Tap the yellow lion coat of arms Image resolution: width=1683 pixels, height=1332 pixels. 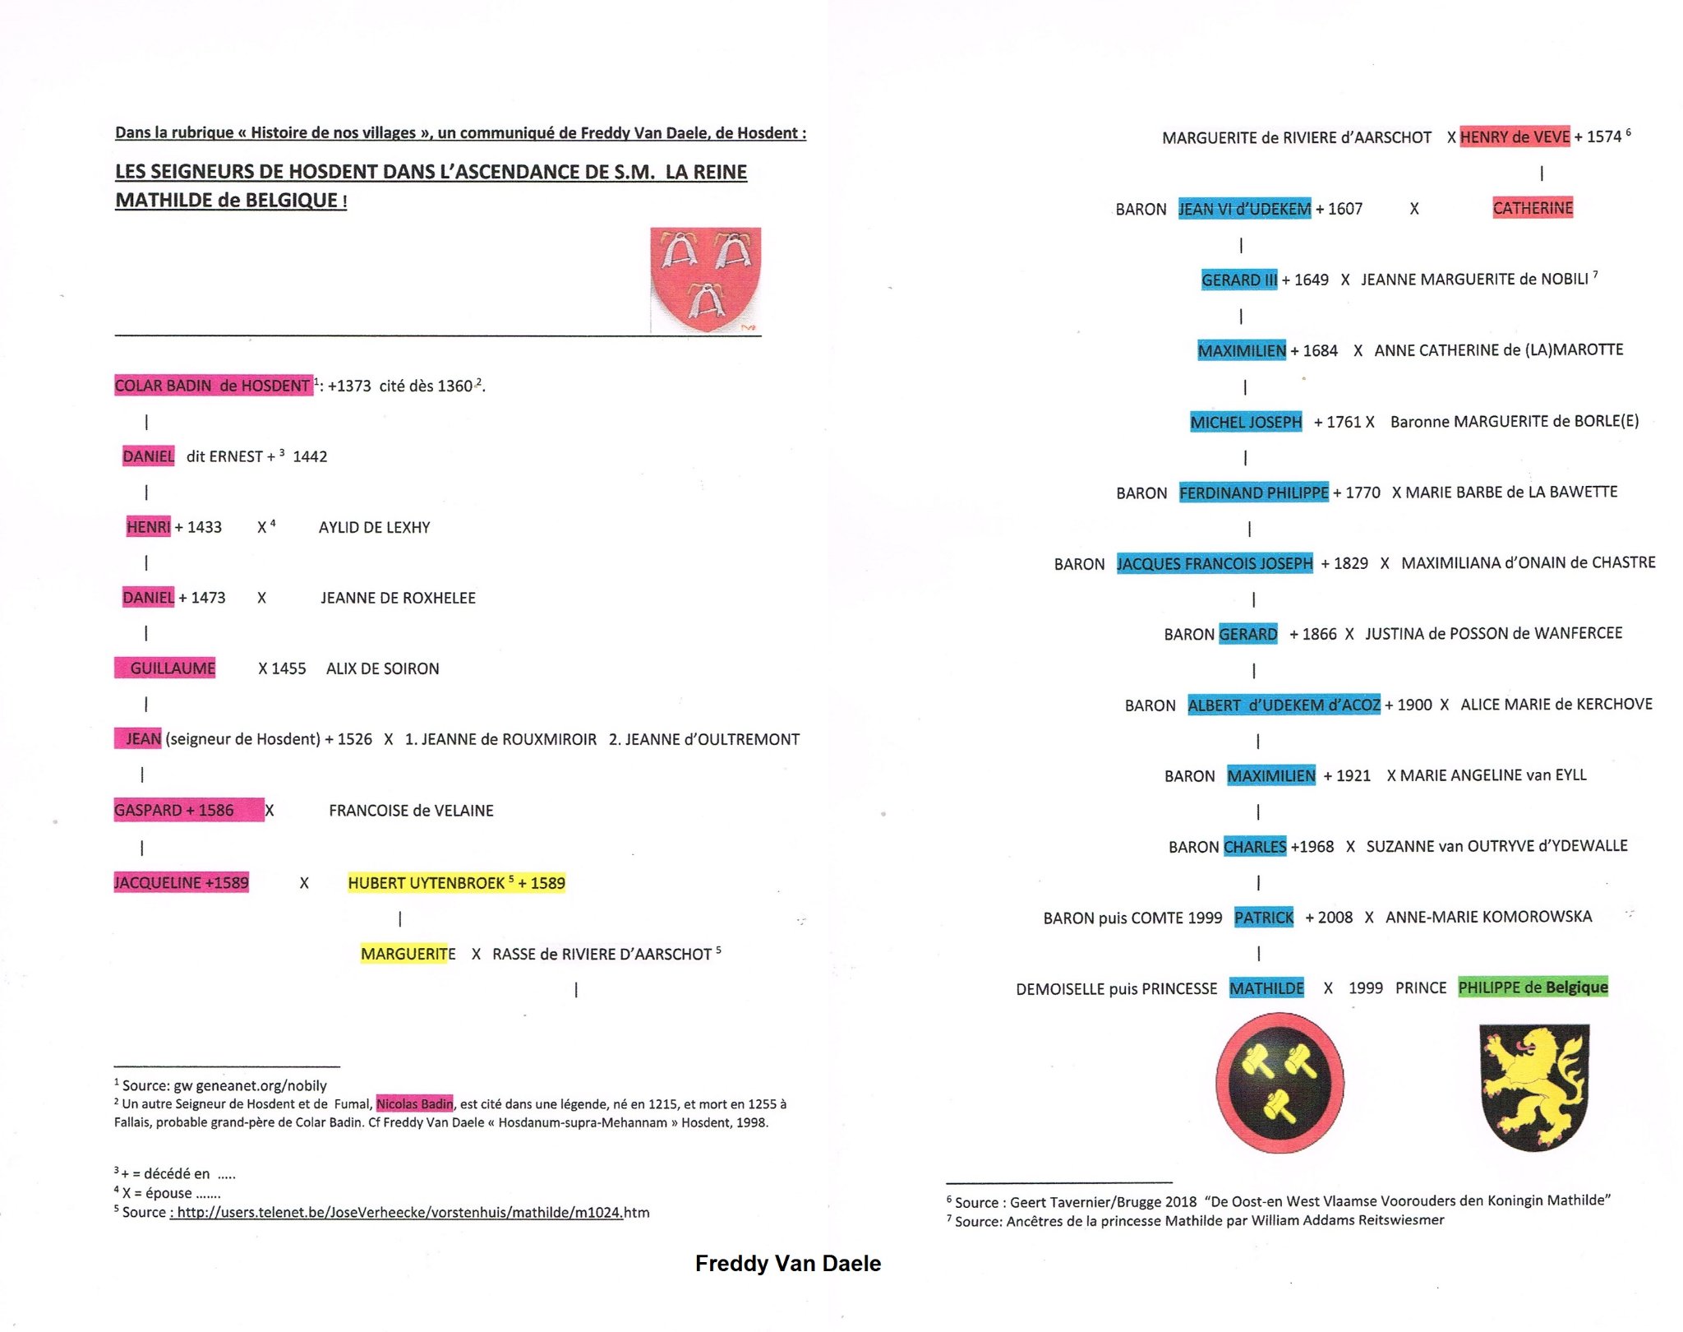coord(1533,1085)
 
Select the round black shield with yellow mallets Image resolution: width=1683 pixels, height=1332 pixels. coord(1280,1082)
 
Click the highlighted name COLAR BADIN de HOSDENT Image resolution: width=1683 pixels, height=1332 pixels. coord(213,386)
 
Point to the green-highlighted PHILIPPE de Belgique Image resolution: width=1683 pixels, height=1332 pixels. coord(1533,987)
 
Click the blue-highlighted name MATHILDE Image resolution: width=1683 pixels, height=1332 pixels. coord(1266,988)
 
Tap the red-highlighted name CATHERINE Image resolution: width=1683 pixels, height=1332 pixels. coord(1533,208)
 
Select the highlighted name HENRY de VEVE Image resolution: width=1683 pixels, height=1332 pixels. coord(1515,136)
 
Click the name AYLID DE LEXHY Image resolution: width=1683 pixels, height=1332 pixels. coord(374,528)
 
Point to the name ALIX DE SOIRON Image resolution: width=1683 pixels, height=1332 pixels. coord(382,669)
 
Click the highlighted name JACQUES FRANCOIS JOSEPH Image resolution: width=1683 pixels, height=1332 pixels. coord(1214,564)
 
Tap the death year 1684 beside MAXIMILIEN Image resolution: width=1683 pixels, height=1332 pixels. coord(1319,351)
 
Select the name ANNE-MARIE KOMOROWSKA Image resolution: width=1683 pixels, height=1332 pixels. coord(1488,917)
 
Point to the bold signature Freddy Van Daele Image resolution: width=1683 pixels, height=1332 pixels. coord(787,1264)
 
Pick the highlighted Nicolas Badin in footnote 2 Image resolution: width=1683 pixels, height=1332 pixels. coord(414,1104)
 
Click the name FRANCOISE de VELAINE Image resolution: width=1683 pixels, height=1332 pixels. coord(411,811)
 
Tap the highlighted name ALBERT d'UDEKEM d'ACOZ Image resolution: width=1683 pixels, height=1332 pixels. coord(1284,705)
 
